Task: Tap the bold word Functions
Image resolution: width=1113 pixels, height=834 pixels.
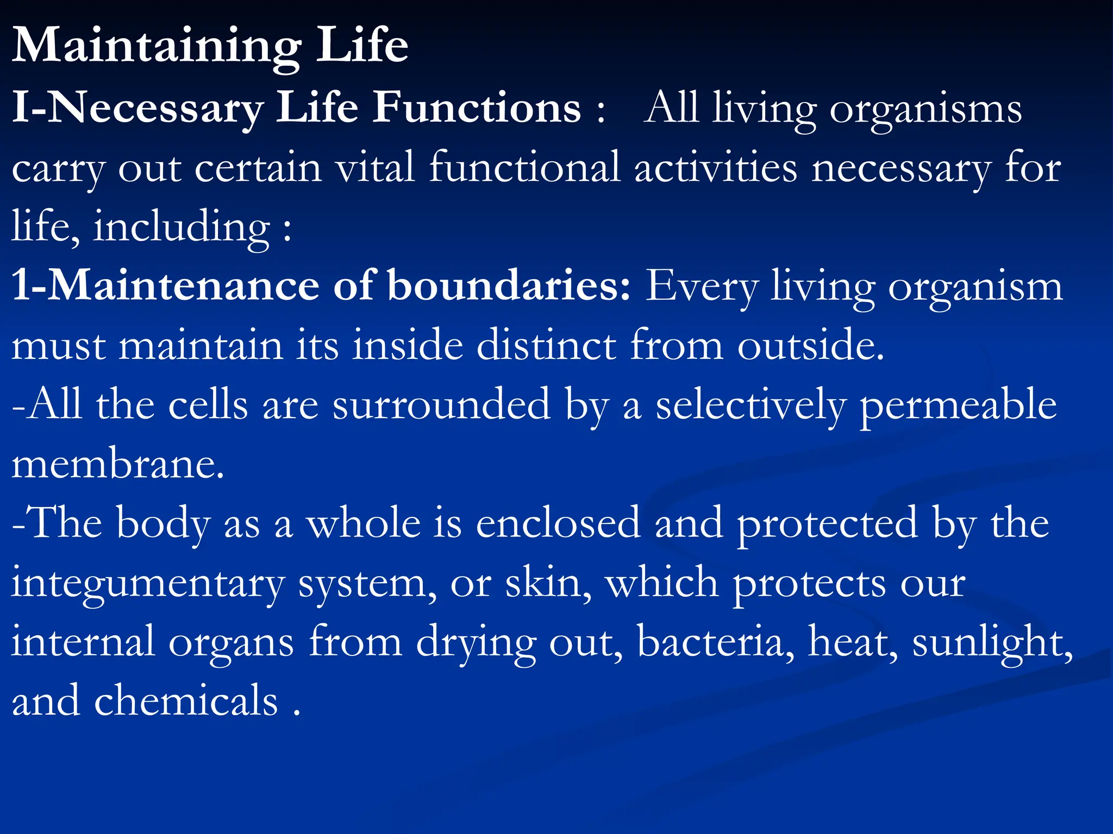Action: tap(477, 108)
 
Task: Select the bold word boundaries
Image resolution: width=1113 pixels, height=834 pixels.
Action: tap(509, 286)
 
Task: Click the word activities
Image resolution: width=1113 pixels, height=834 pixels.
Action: tap(716, 167)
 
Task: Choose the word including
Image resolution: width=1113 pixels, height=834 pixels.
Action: tap(182, 227)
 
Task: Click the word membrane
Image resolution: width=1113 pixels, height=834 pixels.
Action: tap(117, 465)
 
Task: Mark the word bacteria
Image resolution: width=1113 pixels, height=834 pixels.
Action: tap(715, 641)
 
